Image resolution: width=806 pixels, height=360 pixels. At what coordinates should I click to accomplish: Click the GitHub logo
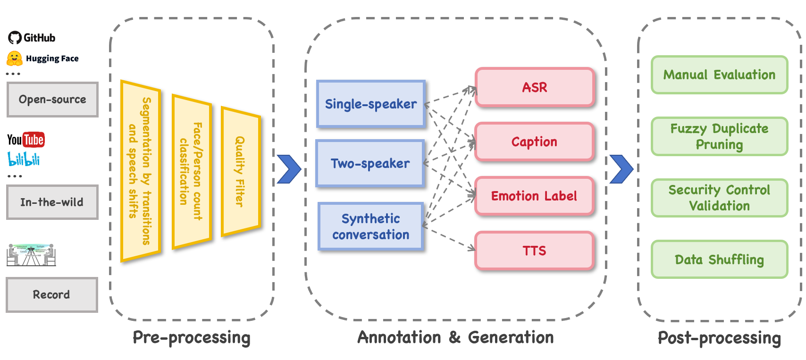[15, 38]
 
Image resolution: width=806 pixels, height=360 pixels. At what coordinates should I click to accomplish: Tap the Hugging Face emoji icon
[15, 59]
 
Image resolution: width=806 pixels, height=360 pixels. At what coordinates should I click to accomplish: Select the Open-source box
[52, 100]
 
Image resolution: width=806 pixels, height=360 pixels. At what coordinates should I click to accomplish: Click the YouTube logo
[26, 140]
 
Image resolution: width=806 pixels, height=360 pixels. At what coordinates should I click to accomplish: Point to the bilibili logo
[24, 159]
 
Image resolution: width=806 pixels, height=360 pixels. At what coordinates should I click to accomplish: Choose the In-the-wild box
[52, 202]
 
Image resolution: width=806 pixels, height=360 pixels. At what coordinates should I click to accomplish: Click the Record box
[51, 295]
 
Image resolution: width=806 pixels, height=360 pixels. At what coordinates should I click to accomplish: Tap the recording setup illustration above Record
[31, 255]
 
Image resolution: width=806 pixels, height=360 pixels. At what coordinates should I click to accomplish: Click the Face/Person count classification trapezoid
[191, 171]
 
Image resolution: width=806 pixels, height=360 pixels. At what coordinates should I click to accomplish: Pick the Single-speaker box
[371, 104]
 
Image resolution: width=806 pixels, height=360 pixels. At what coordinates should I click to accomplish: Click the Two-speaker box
[370, 164]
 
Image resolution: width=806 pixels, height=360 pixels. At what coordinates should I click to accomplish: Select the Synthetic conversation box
[370, 226]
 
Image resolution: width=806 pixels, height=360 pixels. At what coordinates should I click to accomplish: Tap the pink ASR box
[534, 87]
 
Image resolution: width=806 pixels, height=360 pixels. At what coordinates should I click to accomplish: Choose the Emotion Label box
[534, 196]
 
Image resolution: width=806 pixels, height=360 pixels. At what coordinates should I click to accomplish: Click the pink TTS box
[534, 251]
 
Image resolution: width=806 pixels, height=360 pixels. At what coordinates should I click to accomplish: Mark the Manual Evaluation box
[719, 75]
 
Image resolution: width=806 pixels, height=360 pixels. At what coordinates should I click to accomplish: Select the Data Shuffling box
[719, 260]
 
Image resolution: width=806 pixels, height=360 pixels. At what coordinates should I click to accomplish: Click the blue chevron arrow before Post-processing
[621, 169]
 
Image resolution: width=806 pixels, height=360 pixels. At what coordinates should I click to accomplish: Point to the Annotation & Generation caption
[455, 337]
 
